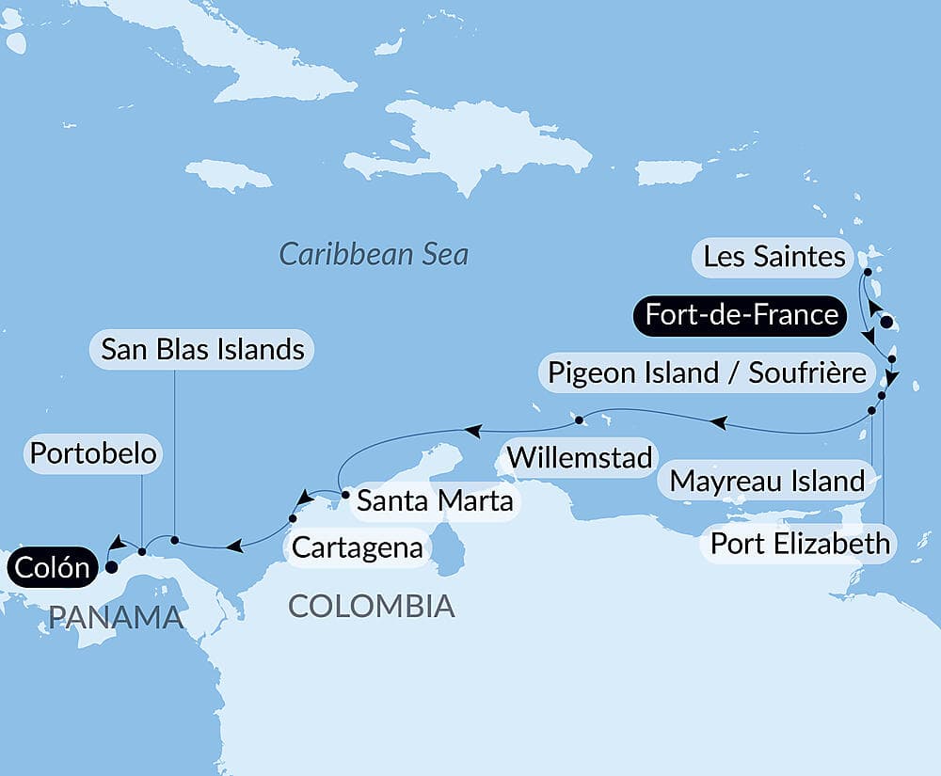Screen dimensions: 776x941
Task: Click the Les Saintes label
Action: [774, 257]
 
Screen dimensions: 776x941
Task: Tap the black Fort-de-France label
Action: [737, 314]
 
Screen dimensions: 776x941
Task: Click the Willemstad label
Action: [580, 457]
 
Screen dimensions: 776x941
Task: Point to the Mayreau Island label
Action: [767, 482]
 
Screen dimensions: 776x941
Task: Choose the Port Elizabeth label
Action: [799, 543]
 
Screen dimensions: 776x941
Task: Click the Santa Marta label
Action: [434, 500]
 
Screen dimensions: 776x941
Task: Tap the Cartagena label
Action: [357, 547]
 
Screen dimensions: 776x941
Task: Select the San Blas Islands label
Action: [202, 350]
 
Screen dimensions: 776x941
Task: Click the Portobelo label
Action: [92, 453]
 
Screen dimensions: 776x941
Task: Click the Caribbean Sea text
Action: [374, 254]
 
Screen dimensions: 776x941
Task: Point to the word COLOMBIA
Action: [371, 606]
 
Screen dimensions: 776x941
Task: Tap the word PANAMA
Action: [116, 617]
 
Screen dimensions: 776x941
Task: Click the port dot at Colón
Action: [111, 567]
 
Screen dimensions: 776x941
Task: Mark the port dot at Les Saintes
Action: [867, 272]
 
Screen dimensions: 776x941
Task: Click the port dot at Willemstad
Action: [580, 420]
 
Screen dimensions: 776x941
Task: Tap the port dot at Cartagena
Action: [293, 518]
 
